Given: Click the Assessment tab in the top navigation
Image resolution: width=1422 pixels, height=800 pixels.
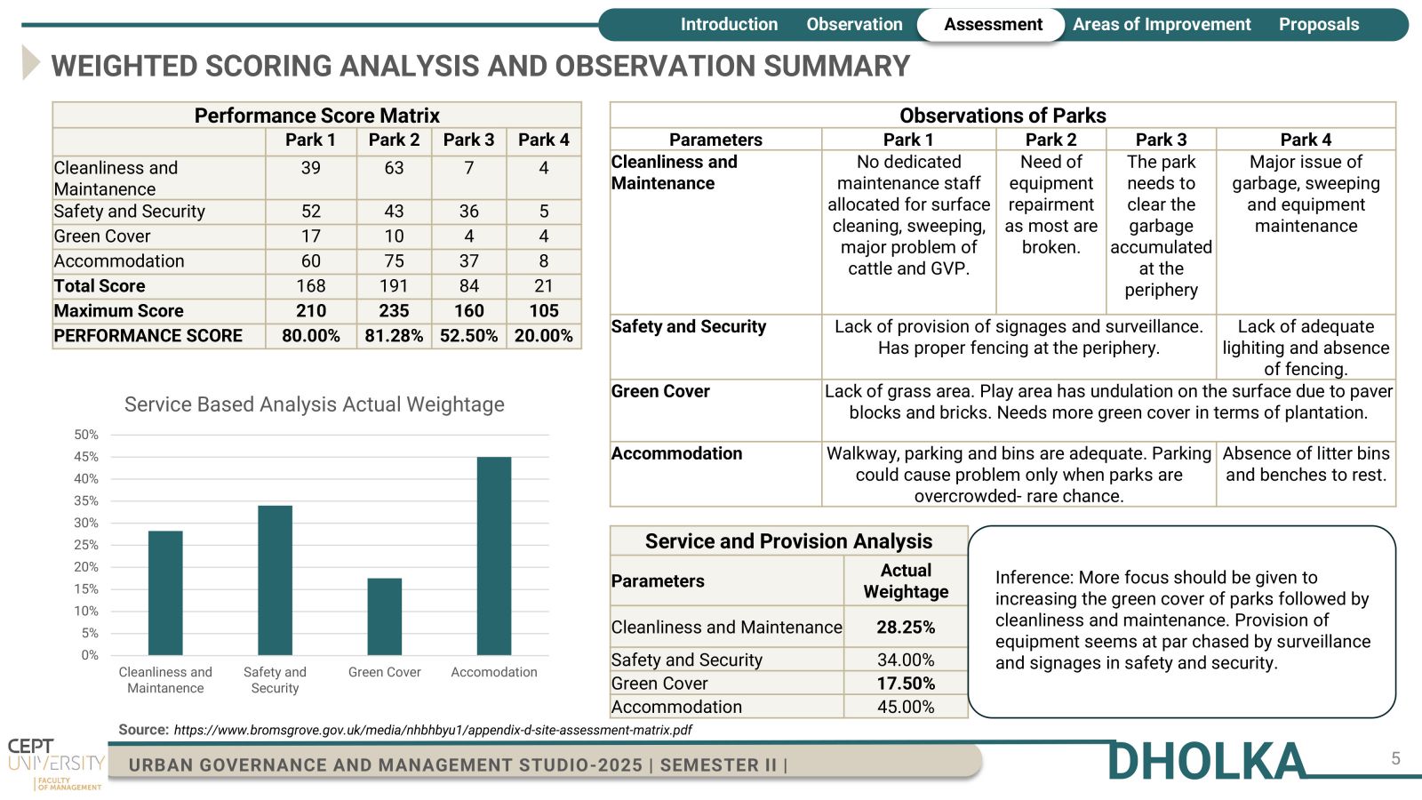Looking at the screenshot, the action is [992, 25].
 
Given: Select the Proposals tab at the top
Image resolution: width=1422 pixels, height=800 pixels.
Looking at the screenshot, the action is [1319, 25].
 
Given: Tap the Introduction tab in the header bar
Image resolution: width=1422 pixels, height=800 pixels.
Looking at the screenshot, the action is [729, 25].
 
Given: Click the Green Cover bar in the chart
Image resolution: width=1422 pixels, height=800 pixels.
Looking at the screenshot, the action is [385, 617].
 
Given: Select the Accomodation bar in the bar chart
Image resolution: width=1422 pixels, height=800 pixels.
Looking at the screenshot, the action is [494, 556].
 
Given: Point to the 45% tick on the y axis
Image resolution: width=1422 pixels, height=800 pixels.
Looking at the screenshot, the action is [86, 457].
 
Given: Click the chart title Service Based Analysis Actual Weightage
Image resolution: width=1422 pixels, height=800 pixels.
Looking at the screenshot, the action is [315, 404].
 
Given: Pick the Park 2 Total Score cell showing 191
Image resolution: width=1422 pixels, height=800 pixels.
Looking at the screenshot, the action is [394, 286].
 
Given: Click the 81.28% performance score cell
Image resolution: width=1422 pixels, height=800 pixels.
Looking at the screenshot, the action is [394, 336].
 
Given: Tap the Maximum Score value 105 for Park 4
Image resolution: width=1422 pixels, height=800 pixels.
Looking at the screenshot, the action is [544, 311].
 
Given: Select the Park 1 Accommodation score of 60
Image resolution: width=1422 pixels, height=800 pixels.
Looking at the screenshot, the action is [310, 261].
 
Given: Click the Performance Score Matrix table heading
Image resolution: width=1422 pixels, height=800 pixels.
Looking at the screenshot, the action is [316, 116].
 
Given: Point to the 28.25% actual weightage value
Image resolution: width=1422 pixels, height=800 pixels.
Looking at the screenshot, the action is [906, 628].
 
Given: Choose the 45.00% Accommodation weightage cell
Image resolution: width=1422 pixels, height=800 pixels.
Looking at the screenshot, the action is [906, 707].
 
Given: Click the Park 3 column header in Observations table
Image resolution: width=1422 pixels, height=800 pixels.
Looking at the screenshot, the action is [1161, 140].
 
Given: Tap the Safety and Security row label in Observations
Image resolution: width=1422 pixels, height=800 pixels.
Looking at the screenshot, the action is [688, 326].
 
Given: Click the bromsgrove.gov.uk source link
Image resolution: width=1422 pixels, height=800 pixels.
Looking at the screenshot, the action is [432, 730].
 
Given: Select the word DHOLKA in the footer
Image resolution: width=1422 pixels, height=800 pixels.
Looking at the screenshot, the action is [1206, 761].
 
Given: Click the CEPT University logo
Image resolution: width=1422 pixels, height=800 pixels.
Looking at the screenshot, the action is [56, 764].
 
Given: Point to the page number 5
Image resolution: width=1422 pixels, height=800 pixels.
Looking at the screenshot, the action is [1396, 759].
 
